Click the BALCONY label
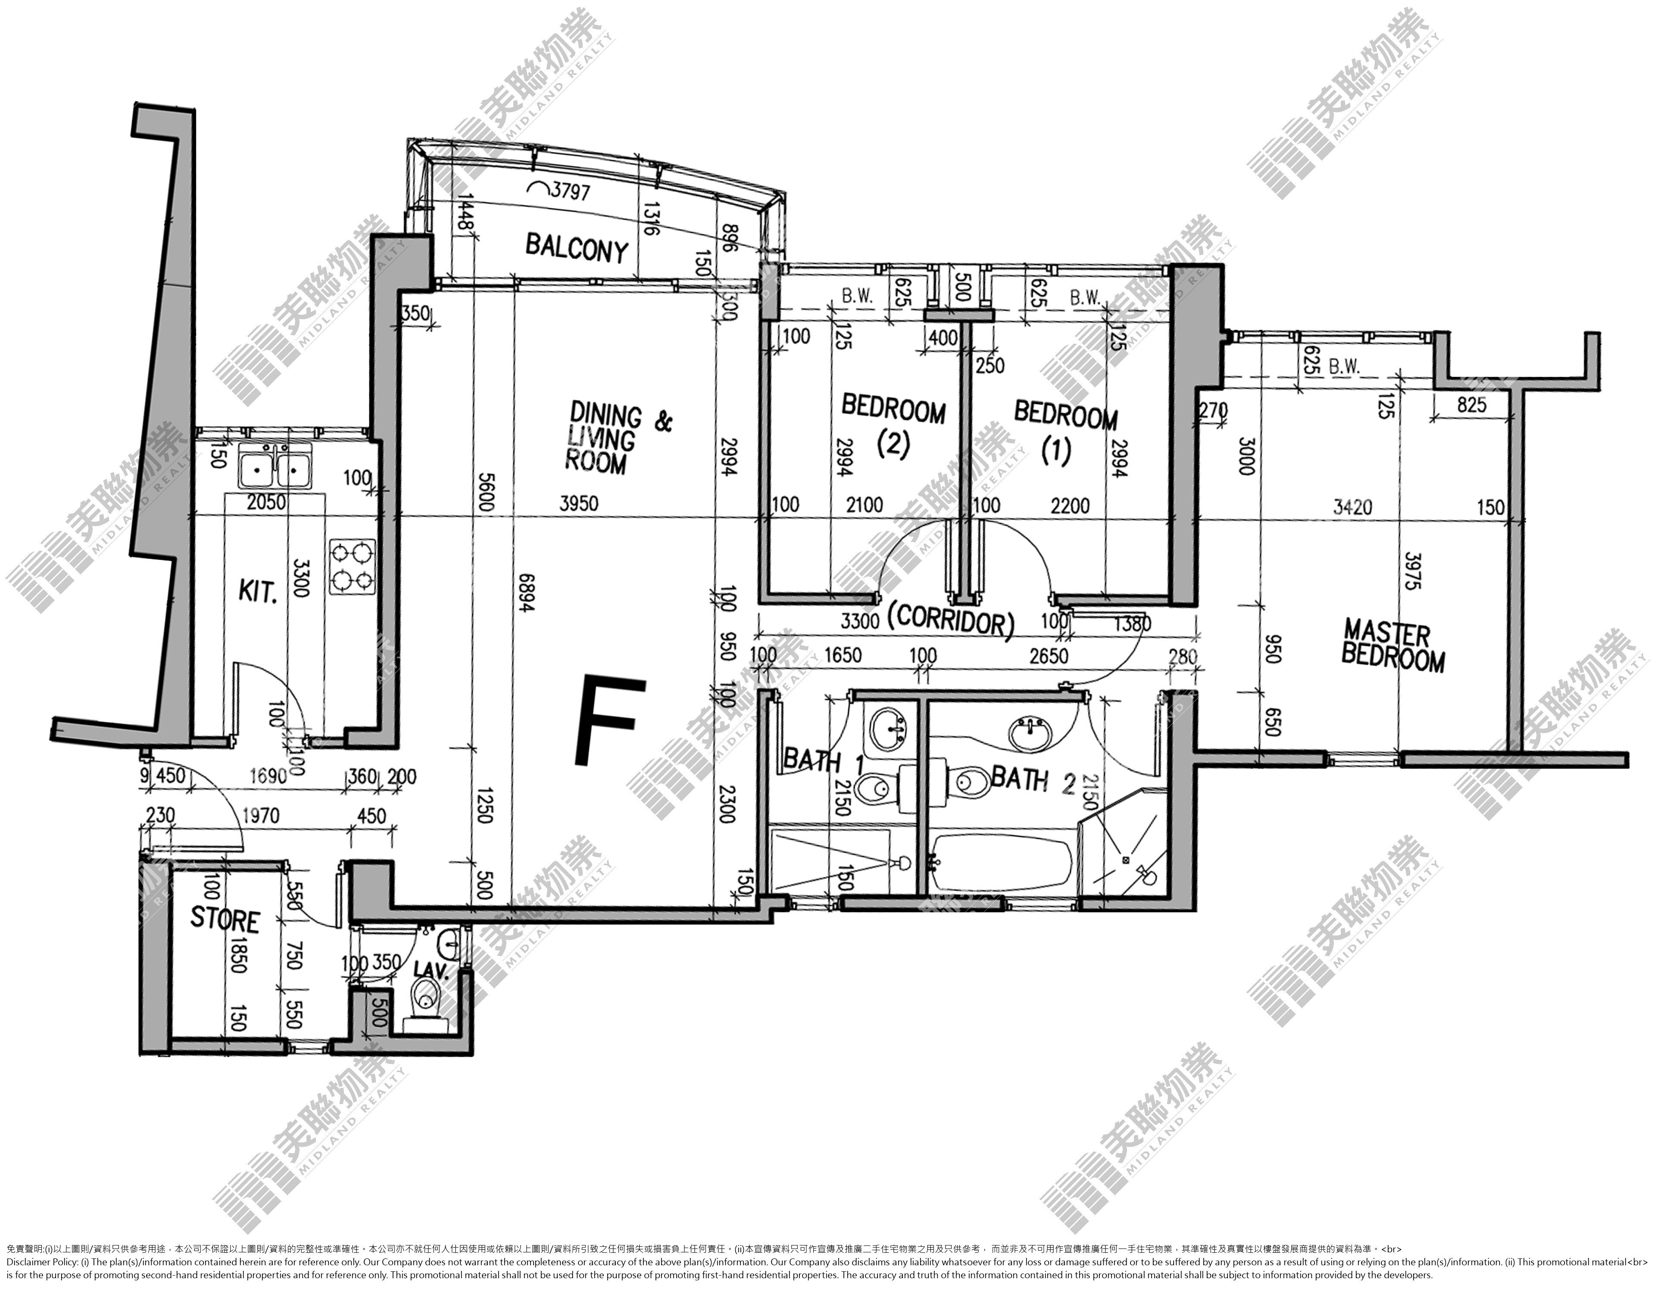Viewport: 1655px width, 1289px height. (577, 249)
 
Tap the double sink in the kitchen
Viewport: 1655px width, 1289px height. (274, 469)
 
